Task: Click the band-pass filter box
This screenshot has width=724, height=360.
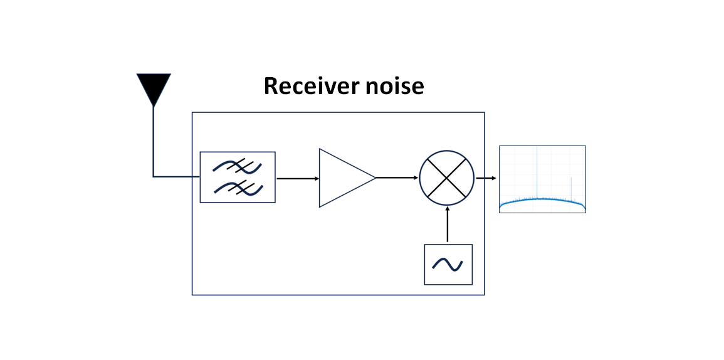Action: coord(238,177)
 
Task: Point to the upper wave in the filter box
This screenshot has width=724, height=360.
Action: coord(237,166)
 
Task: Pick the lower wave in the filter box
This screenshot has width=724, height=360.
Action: coord(237,188)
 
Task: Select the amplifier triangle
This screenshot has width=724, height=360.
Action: coord(342,178)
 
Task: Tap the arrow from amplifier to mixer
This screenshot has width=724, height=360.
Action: coord(397,177)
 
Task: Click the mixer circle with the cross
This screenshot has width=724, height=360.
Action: coord(446,177)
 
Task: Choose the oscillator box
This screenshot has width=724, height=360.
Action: coord(448,265)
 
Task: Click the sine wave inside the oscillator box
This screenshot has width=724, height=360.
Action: coord(448,265)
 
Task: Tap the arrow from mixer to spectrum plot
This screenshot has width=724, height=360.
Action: coord(486,178)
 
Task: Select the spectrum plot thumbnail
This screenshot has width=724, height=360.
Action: coord(542,179)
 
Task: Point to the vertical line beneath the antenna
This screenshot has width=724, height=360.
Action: coord(154,141)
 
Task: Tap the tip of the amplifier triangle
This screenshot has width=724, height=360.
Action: coord(374,177)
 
